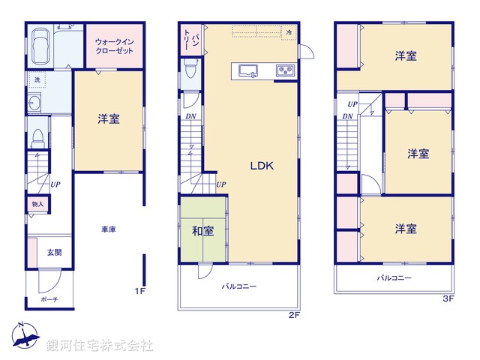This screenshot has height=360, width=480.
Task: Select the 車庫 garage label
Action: pos(108,229)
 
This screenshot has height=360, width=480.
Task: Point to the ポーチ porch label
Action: pos(50,299)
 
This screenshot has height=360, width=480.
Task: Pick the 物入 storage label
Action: pos(37,204)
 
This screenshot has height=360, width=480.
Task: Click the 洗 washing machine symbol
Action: pos(36,79)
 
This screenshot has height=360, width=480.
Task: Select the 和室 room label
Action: pos(203,230)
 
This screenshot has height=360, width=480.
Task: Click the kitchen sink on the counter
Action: pos(249,71)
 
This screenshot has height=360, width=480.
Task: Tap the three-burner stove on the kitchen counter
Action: pos(286,71)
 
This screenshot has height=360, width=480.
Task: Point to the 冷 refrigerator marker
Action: pos(289,32)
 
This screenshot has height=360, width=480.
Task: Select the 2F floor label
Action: pos(294,315)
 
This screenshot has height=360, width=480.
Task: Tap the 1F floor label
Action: pos(139,291)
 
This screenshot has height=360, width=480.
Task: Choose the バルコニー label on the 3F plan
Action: pos(394,278)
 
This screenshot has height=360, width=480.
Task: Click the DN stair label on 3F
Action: pos(347,116)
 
